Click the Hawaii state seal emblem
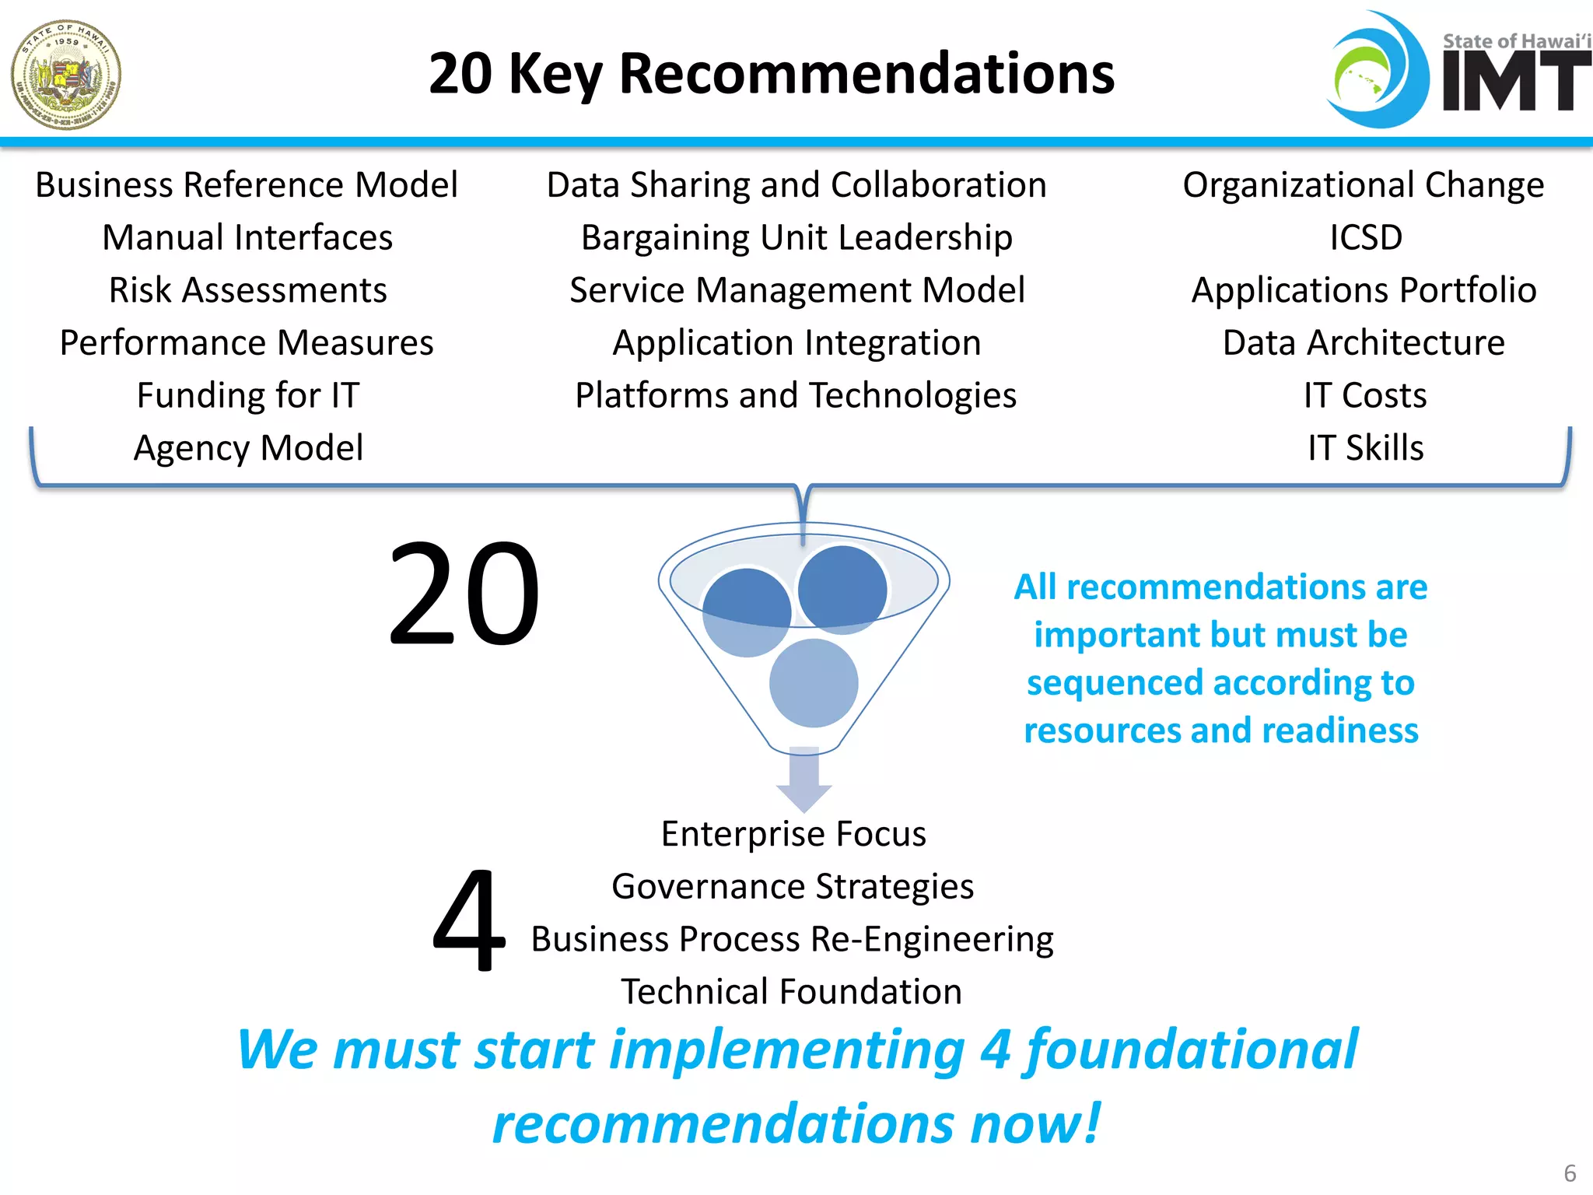[66, 75]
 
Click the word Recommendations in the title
[867, 74]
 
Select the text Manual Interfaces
[247, 237]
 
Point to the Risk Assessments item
[247, 290]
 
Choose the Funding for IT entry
[247, 395]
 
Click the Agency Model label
[247, 448]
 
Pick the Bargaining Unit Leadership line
[796, 237]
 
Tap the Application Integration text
[796, 343]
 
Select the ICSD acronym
[1365, 237]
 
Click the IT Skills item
[1365, 448]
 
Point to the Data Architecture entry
[1364, 343]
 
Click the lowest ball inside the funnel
[814, 683]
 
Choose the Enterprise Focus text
[793, 834]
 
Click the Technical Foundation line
[791, 992]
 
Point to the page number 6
[1570, 1173]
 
